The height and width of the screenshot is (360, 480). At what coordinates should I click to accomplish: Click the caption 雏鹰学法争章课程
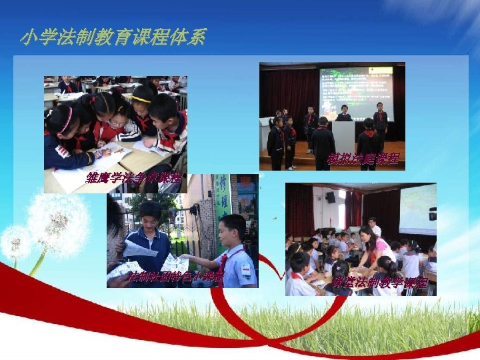click(133, 178)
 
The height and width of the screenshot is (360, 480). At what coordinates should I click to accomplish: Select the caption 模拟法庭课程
click(363, 159)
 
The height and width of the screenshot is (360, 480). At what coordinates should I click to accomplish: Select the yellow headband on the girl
click(141, 99)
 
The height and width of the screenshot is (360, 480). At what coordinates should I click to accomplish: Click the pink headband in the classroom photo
click(66, 120)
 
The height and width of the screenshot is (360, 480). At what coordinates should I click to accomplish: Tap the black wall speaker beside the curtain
click(331, 197)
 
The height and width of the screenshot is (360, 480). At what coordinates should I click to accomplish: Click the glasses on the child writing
click(117, 123)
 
